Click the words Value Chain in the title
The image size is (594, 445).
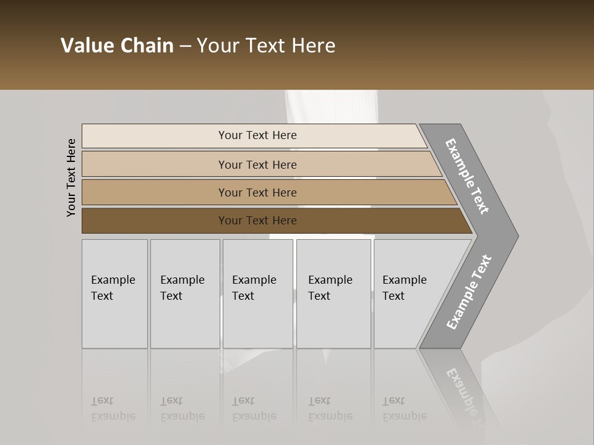pos(117,46)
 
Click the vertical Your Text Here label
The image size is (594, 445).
pos(71,178)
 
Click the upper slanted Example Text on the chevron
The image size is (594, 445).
pos(467,176)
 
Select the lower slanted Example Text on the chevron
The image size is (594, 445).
pos(469,292)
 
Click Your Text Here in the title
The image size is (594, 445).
pos(266,46)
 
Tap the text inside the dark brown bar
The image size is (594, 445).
pos(257,221)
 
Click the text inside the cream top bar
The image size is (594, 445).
pos(257,135)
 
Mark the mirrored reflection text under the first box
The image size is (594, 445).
pos(113,409)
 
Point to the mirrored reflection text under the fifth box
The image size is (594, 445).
pos(404,409)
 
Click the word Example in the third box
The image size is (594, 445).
pos(254,280)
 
